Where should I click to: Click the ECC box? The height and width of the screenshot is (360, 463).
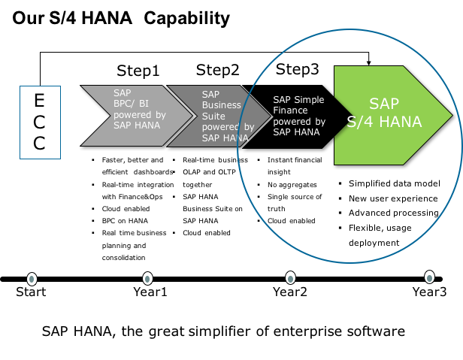(40, 123)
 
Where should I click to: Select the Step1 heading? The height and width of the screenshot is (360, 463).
(138, 71)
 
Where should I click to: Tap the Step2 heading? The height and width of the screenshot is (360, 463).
(218, 71)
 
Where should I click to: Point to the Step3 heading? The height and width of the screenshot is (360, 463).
(298, 70)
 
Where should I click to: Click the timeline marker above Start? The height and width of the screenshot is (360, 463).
(32, 279)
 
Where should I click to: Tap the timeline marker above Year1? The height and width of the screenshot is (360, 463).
(147, 279)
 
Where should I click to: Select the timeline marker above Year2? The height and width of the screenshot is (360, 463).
(291, 278)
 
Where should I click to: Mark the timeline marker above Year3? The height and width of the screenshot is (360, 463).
(429, 277)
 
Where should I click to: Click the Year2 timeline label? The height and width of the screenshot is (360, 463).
(290, 292)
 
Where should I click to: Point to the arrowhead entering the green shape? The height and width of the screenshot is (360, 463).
(368, 62)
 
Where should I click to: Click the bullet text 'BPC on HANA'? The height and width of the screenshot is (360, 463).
(125, 221)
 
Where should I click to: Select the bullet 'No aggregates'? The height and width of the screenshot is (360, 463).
(292, 185)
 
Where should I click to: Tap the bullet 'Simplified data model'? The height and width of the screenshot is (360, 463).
(395, 183)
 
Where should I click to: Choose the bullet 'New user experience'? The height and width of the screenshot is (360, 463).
(393, 198)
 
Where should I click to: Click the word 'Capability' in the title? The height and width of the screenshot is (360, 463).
(186, 18)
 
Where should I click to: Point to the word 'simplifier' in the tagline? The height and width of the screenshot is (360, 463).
(219, 331)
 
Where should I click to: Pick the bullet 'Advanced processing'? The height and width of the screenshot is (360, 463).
(394, 213)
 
